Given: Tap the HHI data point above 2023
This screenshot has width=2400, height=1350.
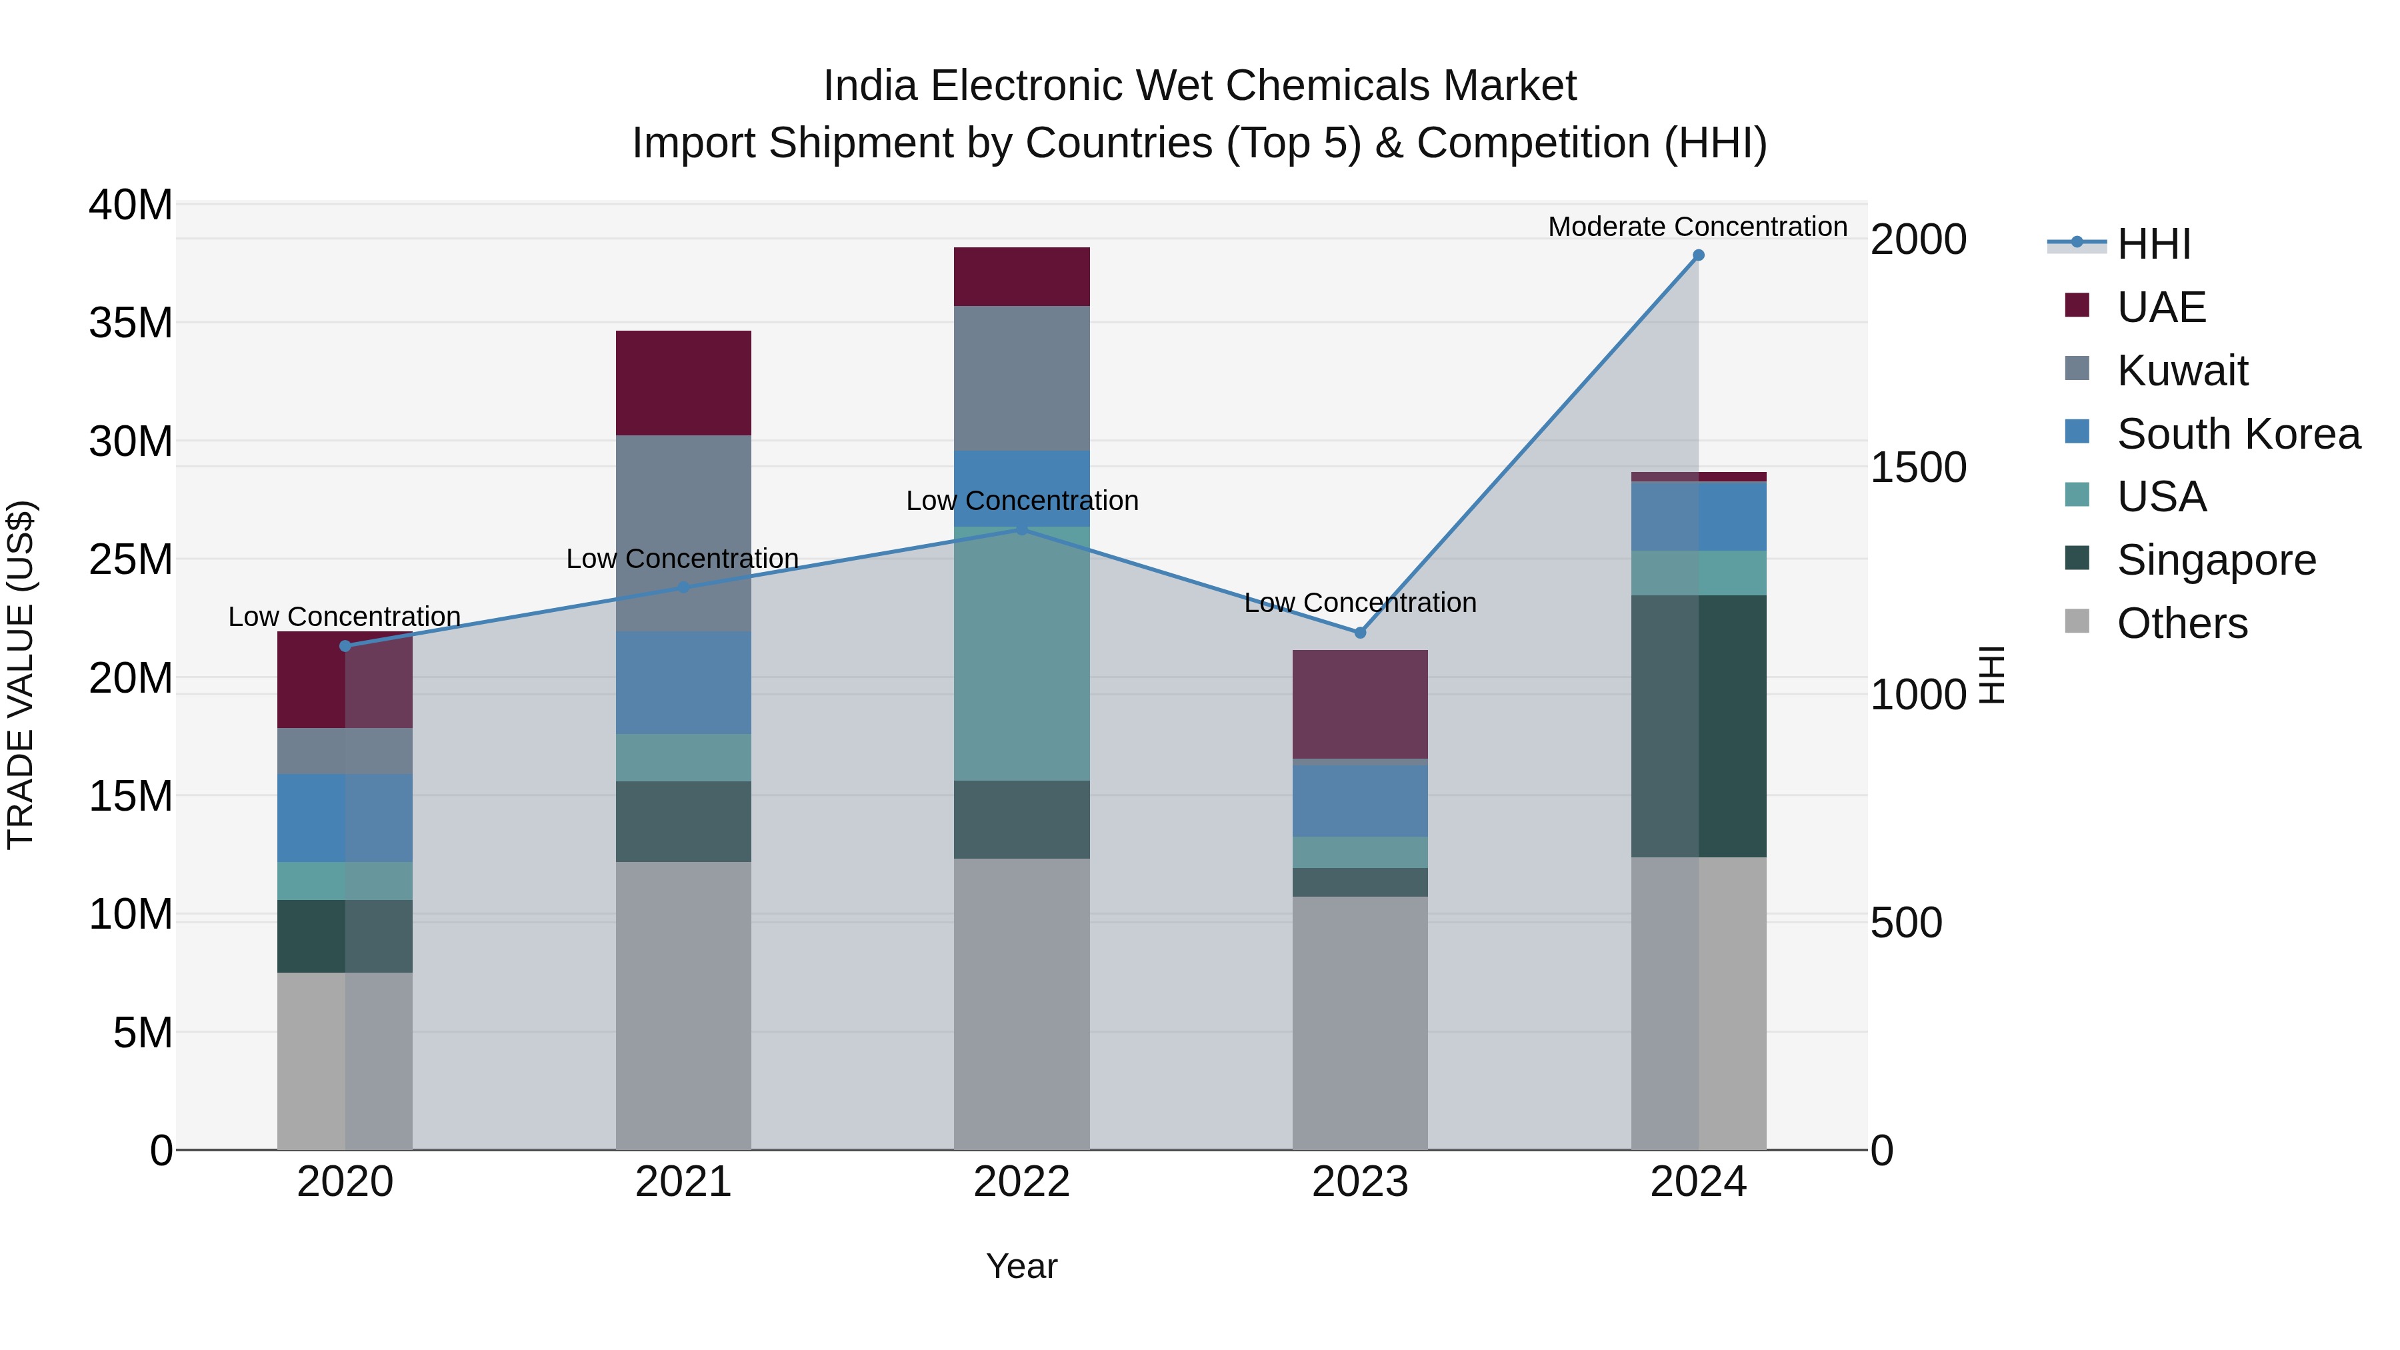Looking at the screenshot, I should (x=1359, y=633).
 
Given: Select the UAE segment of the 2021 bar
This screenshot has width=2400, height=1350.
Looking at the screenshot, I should (x=683, y=383).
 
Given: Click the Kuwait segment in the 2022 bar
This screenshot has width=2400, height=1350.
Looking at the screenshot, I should (x=1021, y=378).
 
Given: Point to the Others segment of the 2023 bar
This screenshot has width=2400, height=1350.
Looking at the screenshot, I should (x=1359, y=1023).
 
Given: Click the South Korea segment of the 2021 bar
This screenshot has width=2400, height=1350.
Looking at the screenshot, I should (x=683, y=683).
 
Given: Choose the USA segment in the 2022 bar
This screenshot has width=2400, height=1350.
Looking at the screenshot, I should (x=1021, y=654).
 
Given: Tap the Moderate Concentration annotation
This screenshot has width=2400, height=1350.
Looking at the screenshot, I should (x=1697, y=227).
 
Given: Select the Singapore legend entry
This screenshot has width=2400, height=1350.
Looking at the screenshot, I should (x=2215, y=560).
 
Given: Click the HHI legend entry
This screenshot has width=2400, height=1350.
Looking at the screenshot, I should (x=2152, y=244).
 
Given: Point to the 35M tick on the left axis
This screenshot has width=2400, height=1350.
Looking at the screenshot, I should (x=131, y=323).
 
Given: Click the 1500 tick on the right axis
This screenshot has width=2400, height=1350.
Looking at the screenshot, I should (x=1918, y=468).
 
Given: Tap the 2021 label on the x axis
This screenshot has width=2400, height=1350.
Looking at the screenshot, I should (x=683, y=1182).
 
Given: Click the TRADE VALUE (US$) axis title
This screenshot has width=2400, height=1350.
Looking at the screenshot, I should (x=21, y=675).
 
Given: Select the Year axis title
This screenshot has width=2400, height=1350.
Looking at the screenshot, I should (x=1021, y=1266).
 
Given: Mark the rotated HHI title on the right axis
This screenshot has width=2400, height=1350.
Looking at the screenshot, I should (x=1990, y=675).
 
